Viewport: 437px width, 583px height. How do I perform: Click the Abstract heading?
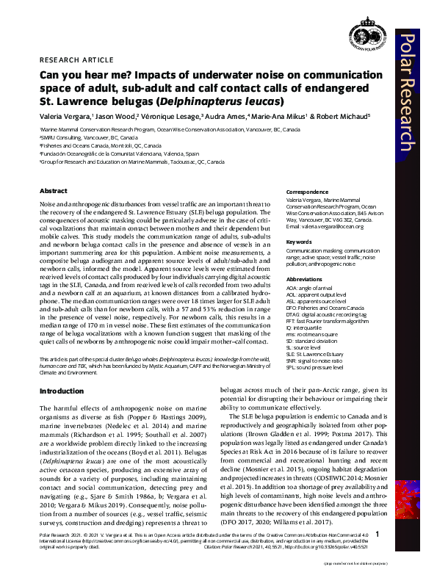[x=53, y=191]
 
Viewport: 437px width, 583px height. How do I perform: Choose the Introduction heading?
[x=62, y=391]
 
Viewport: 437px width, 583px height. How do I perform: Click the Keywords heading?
[x=299, y=241]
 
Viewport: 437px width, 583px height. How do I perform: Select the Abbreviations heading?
[x=303, y=279]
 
